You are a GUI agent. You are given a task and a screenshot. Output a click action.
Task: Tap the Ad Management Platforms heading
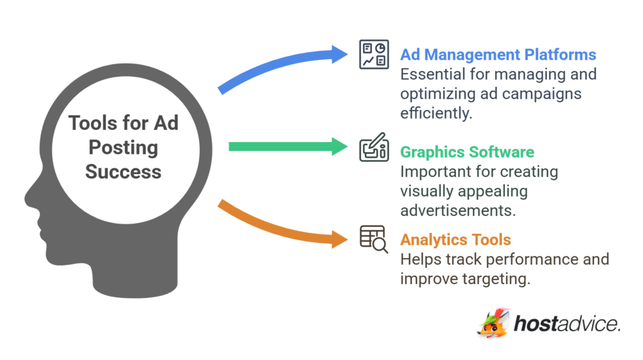[x=498, y=55]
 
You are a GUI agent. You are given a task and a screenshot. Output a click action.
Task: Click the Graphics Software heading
[x=467, y=152]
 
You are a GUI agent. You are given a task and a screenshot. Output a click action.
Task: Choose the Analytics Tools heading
[x=455, y=239]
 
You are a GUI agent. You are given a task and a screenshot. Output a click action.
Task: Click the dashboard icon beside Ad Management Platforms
[x=374, y=53]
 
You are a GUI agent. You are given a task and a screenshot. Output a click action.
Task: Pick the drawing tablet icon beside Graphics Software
[x=374, y=150]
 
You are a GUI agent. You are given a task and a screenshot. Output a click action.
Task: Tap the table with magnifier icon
[x=374, y=239]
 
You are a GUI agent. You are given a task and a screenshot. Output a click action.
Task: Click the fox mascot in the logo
[x=492, y=323]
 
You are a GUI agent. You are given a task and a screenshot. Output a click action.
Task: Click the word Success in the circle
[x=123, y=172]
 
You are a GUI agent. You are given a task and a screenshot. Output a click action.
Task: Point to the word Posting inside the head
[x=123, y=148]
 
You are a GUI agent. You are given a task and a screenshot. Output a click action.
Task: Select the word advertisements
[x=458, y=210]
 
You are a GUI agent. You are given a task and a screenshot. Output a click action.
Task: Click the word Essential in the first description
[x=432, y=74]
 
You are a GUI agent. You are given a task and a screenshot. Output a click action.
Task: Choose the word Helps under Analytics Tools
[x=421, y=259]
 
